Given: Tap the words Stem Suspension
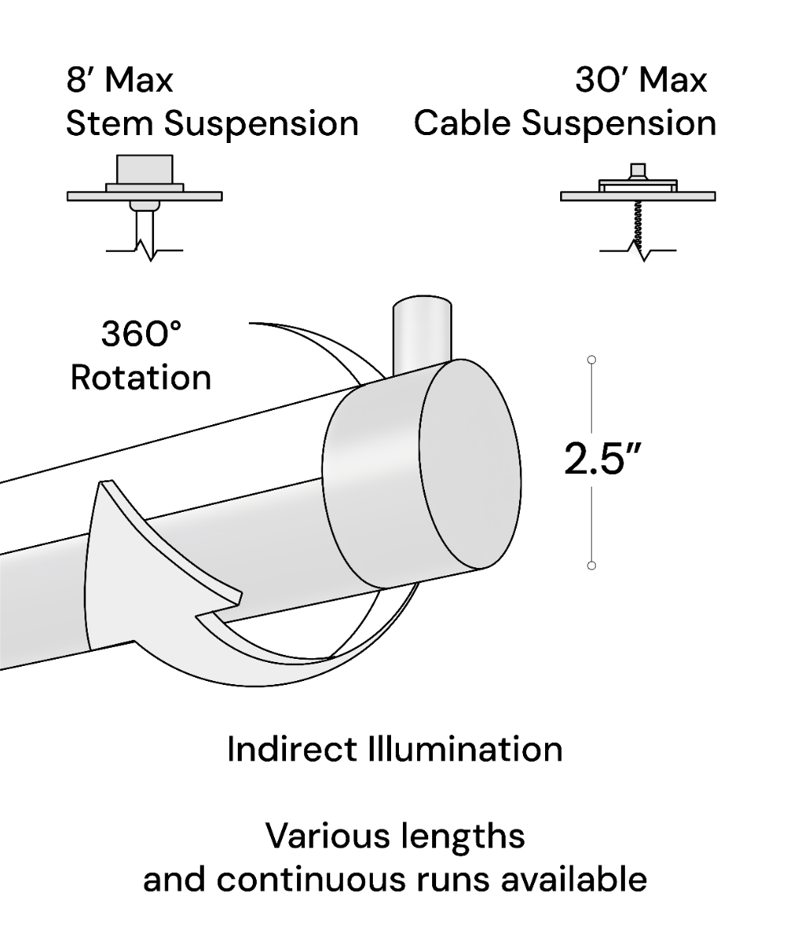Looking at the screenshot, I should [x=212, y=124].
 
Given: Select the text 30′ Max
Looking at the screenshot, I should [x=641, y=80].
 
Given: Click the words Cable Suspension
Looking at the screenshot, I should [x=565, y=124].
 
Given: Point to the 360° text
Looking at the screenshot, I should [x=141, y=333].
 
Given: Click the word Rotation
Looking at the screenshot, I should [x=141, y=378].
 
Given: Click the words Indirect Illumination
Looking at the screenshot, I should [x=394, y=749].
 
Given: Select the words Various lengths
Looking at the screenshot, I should [x=394, y=835].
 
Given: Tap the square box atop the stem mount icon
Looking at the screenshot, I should [x=145, y=168].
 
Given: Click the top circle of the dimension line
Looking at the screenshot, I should [x=592, y=360].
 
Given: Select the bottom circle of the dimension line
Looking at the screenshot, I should [x=592, y=566].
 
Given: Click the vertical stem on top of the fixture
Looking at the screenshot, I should [x=423, y=332].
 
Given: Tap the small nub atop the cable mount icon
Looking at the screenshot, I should [x=638, y=171].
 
